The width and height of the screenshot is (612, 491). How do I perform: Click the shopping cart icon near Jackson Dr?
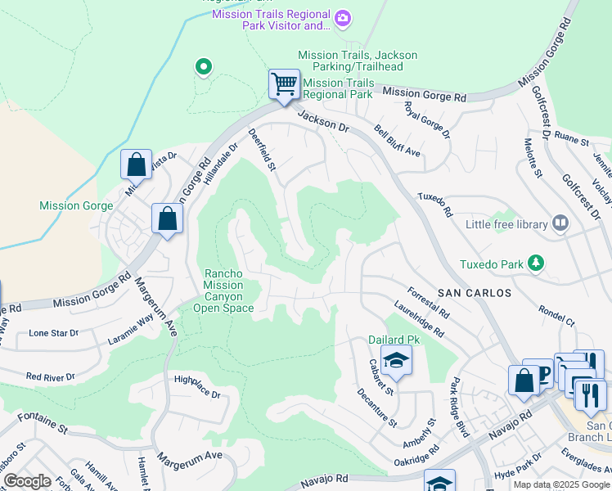pyautogui.click(x=284, y=84)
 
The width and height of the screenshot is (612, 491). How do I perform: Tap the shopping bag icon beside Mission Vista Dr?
pyautogui.click(x=136, y=164)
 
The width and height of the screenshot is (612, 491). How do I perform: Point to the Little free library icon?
pyautogui.click(x=560, y=223)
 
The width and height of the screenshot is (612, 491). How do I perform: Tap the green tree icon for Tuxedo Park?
pyautogui.click(x=536, y=263)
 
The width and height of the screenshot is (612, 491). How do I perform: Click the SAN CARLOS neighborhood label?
pyautogui.click(x=474, y=292)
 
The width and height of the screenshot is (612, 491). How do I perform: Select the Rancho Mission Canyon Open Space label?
pyautogui.click(x=223, y=291)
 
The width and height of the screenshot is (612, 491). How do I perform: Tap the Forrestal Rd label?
pyautogui.click(x=429, y=300)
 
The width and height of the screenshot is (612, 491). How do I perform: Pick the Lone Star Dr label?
pyautogui.click(x=54, y=333)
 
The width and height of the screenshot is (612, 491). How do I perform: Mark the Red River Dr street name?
pyautogui.click(x=50, y=376)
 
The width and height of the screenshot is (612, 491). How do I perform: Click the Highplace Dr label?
pyautogui.click(x=198, y=387)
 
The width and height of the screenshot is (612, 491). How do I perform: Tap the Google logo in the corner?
pyautogui.click(x=27, y=481)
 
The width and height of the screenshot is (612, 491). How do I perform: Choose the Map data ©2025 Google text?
pyautogui.click(x=561, y=484)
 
